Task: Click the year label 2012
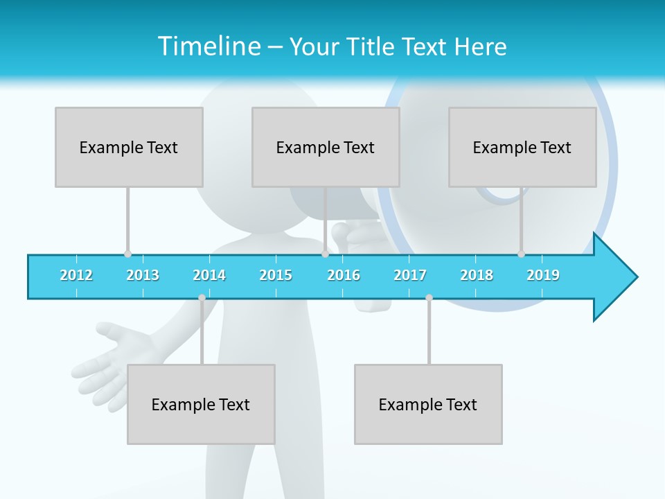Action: click(76, 275)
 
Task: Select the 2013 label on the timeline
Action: click(143, 275)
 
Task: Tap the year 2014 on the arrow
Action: click(209, 275)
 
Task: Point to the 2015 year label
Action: click(276, 275)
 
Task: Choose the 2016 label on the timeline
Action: click(344, 275)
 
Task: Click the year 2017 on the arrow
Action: click(410, 275)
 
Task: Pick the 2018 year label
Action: click(477, 275)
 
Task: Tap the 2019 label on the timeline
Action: click(543, 275)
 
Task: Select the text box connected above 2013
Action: click(129, 147)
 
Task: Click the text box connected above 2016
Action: click(326, 147)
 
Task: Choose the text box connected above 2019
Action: click(522, 147)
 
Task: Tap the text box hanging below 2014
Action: click(201, 404)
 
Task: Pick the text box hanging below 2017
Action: click(428, 404)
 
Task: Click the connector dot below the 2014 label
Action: click(202, 297)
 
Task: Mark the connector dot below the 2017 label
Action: click(429, 297)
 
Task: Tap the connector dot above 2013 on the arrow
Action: click(127, 254)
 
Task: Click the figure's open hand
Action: click(111, 357)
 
